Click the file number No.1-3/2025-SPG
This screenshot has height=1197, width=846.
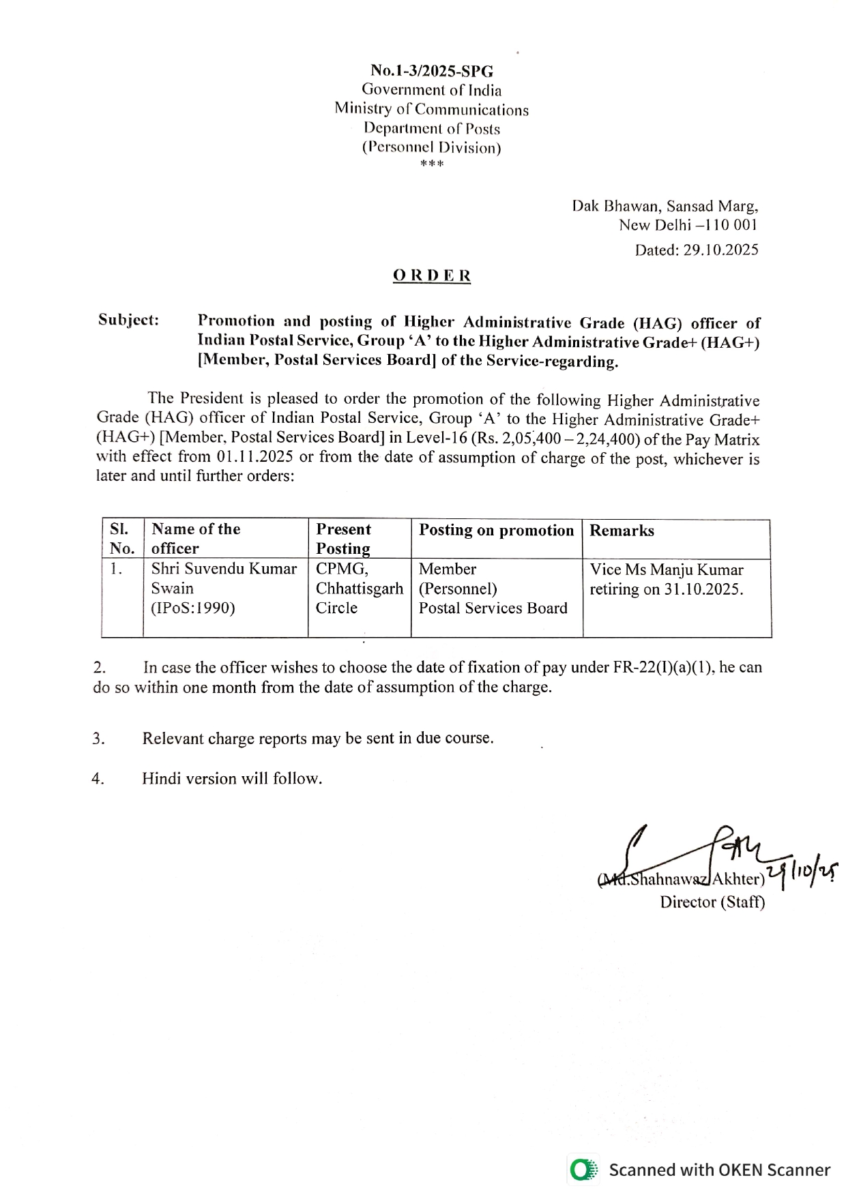click(x=432, y=71)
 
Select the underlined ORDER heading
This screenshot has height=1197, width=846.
click(x=432, y=276)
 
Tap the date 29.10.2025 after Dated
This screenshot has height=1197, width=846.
click(x=720, y=250)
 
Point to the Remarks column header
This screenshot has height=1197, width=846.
click(x=622, y=531)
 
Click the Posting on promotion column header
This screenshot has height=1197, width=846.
click(x=496, y=530)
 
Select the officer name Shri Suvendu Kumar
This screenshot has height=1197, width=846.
click(x=224, y=569)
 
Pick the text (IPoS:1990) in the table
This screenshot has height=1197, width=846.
click(x=193, y=608)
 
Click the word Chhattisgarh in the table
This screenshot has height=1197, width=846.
click(x=359, y=589)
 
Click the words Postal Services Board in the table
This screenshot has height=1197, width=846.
click(x=493, y=608)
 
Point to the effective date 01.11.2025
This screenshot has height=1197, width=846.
click(x=255, y=456)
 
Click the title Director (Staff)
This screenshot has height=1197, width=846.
click(x=712, y=902)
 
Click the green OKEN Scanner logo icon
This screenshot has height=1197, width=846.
click(x=583, y=1170)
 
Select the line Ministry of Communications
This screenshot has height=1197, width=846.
click(x=431, y=109)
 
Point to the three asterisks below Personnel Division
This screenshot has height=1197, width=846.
click(x=432, y=164)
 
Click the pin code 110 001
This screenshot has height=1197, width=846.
click(x=730, y=225)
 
